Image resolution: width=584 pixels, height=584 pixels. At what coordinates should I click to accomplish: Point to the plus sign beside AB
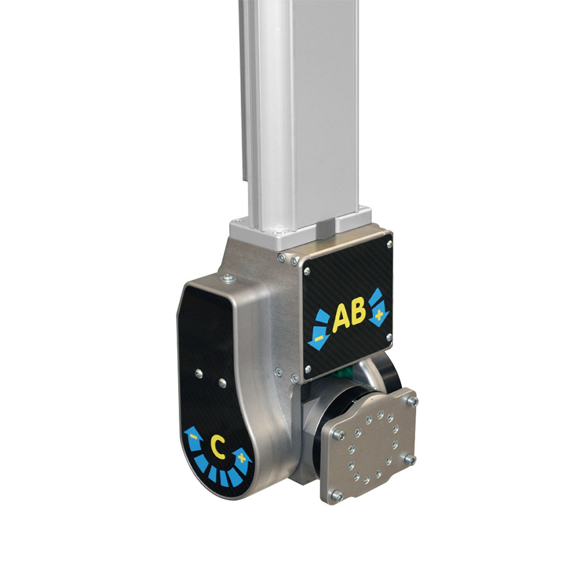[x=380, y=315]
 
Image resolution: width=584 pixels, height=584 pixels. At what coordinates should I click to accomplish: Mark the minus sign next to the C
[x=193, y=437]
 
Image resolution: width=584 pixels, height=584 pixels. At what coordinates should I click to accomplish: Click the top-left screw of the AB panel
[x=296, y=262]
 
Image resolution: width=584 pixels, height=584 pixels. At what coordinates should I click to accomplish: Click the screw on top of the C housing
[x=228, y=279]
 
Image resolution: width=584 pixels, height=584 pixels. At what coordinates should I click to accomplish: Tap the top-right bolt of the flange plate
[x=412, y=401]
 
